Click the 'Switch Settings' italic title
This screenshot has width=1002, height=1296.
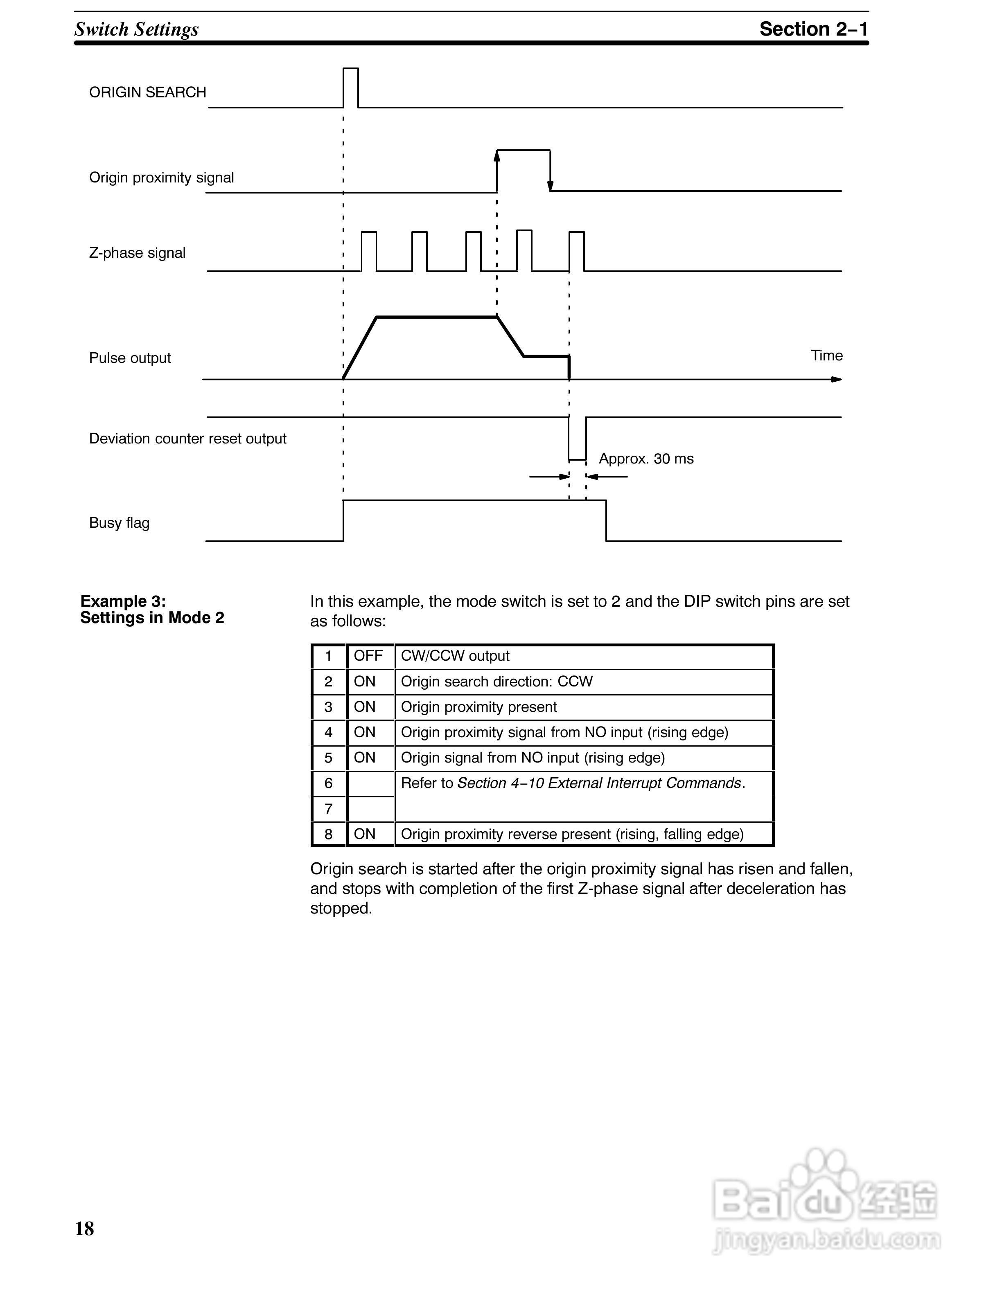pyautogui.click(x=137, y=29)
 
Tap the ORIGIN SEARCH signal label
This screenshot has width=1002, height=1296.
pyautogui.click(x=147, y=92)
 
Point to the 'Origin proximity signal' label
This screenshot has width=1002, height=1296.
pyautogui.click(x=161, y=178)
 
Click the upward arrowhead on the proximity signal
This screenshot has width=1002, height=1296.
pyautogui.click(x=497, y=155)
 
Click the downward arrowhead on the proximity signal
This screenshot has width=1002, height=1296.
pyautogui.click(x=550, y=185)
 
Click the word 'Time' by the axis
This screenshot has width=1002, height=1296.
pyautogui.click(x=826, y=355)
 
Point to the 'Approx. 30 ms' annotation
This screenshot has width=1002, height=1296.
pyautogui.click(x=646, y=459)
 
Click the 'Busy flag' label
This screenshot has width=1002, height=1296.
pyautogui.click(x=119, y=523)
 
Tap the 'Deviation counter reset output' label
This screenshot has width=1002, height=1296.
pyautogui.click(x=187, y=439)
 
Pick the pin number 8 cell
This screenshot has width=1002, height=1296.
pyautogui.click(x=328, y=834)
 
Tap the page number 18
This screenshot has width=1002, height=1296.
pyautogui.click(x=84, y=1228)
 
